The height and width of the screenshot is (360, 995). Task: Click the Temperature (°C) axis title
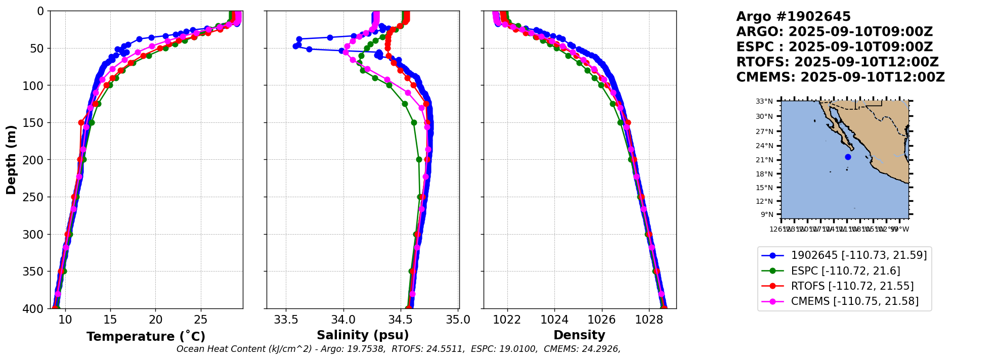[146, 336]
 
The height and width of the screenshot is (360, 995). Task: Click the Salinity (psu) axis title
[363, 335]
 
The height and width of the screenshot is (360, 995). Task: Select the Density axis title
[579, 335]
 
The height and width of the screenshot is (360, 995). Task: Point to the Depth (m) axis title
[11, 159]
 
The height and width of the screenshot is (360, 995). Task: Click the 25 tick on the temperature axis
[201, 320]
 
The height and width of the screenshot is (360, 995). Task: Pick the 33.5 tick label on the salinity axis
[286, 320]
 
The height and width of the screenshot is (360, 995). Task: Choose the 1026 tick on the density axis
[602, 320]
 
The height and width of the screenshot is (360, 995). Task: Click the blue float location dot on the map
[848, 157]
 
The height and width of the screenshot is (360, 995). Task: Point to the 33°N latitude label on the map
[764, 102]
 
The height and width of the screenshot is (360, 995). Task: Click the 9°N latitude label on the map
[767, 214]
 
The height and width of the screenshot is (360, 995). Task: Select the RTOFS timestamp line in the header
[837, 62]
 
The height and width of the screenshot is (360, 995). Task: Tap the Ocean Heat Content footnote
[398, 349]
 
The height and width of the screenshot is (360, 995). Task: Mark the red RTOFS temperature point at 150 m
[81, 122]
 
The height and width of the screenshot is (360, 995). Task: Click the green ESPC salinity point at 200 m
[419, 159]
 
